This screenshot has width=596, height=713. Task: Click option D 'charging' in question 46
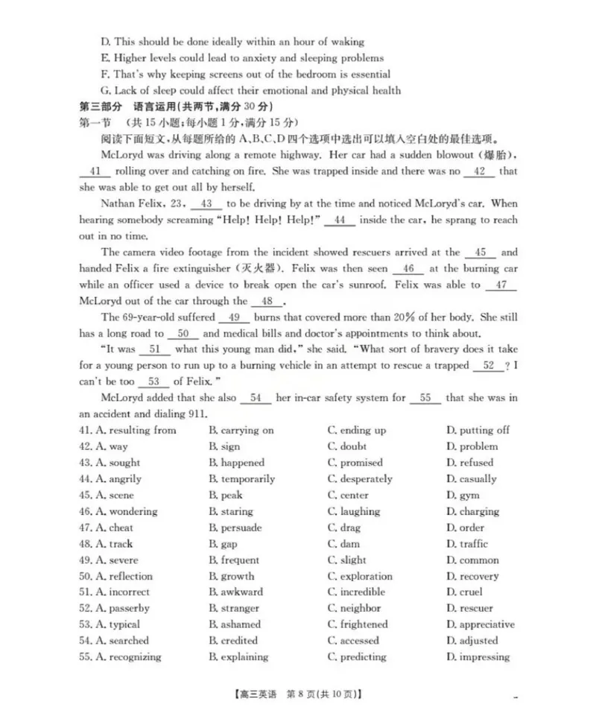(x=473, y=511)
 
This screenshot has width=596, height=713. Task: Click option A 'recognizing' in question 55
(x=127, y=656)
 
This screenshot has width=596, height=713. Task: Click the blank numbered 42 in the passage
(x=479, y=171)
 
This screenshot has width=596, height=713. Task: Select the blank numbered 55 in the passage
(x=425, y=398)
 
